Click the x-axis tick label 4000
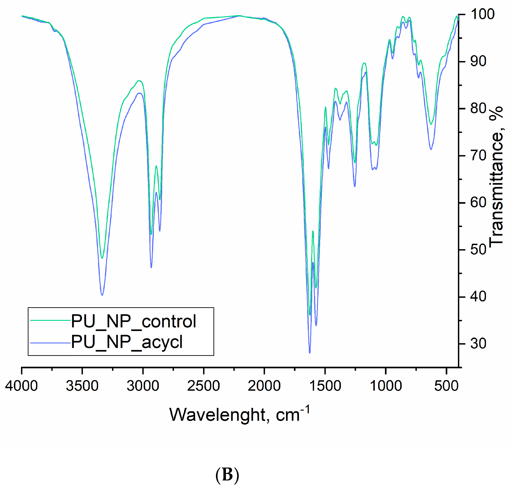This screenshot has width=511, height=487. click(x=21, y=386)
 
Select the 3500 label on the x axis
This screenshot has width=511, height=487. click(x=82, y=386)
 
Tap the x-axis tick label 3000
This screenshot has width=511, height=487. click(x=143, y=386)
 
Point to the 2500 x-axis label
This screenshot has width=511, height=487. click(x=204, y=386)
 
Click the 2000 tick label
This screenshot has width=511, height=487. click(x=264, y=386)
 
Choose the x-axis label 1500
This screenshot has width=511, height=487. click(x=325, y=386)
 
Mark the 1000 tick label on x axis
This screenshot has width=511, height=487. click(x=386, y=386)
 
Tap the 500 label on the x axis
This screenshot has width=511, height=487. click(x=446, y=386)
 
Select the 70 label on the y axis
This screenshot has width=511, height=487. click(x=478, y=156)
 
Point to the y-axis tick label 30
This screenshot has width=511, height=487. click(x=478, y=344)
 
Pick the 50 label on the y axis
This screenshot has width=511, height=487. click(x=478, y=250)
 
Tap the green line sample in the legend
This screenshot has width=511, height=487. click(x=50, y=320)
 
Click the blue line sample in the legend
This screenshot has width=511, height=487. click(x=50, y=343)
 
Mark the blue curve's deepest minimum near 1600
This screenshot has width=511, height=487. click(x=310, y=352)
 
